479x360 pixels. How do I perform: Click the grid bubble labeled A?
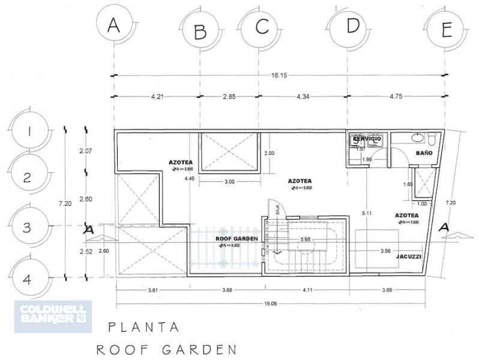[x=113, y=26]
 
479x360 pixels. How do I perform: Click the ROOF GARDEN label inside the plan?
[x=236, y=238]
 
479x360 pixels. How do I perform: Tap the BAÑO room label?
[x=424, y=154]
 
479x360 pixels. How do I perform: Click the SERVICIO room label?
[x=367, y=139]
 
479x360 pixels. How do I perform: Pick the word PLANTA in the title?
[x=143, y=328]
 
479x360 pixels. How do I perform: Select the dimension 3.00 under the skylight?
[x=229, y=181]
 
